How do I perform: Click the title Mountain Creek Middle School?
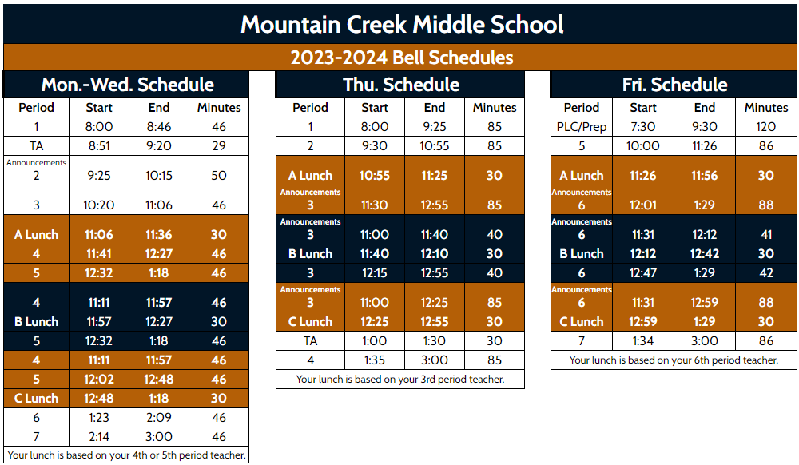coord(402,24)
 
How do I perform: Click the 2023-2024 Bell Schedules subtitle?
coord(402,58)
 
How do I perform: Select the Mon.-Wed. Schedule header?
coord(128,85)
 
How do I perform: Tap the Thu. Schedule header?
coord(401,85)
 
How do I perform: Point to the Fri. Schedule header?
coord(674,85)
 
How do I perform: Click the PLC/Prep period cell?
coord(582,126)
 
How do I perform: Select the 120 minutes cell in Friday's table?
coord(765,126)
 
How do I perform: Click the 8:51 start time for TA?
coord(98,146)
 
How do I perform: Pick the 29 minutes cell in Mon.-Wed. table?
coord(219,146)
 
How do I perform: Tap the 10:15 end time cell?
coord(160,176)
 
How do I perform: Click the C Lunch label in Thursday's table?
coord(310,322)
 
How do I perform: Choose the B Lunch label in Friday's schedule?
coord(582,254)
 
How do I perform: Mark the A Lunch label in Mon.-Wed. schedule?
coord(36,235)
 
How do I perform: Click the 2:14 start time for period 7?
coord(98,437)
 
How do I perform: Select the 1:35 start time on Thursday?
coord(374,360)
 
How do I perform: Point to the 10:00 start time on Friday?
coord(643,146)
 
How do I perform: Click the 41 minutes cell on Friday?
coord(765,235)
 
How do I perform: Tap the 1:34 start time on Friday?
coord(643,341)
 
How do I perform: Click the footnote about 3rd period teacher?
coord(400,380)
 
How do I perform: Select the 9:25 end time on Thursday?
coord(435,126)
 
